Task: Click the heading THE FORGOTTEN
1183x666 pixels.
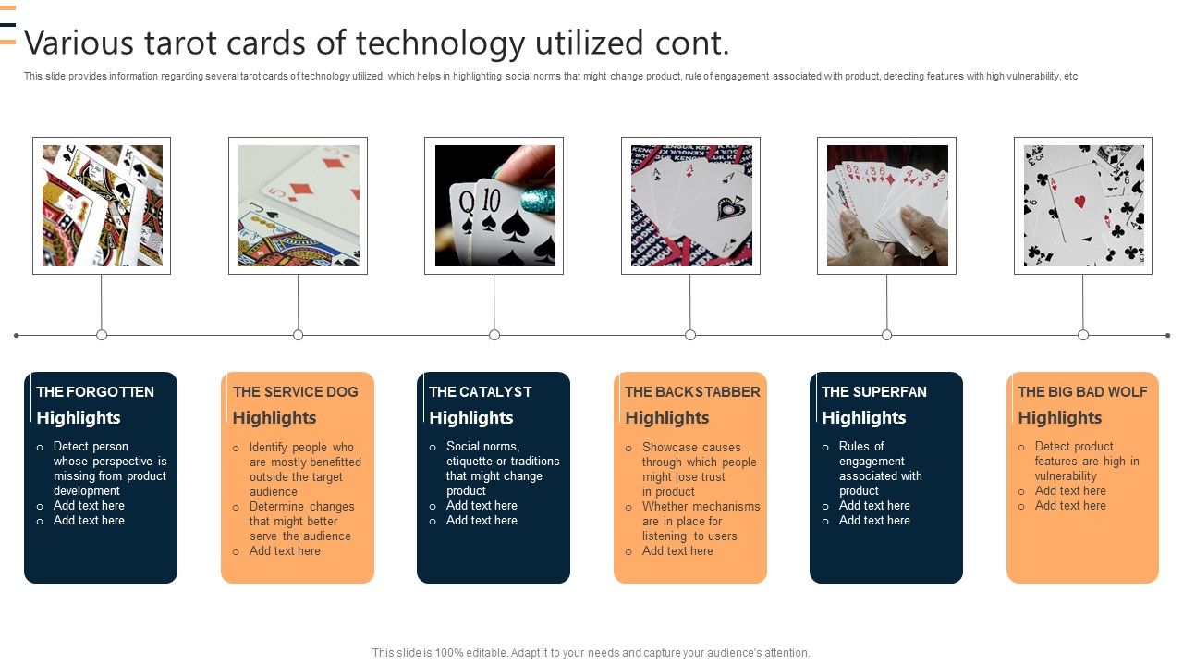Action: [x=94, y=392]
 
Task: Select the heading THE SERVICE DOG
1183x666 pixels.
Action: [x=295, y=392]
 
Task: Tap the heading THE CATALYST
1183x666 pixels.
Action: [x=480, y=392]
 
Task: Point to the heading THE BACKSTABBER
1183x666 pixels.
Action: [x=692, y=392]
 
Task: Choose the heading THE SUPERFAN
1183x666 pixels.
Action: [x=873, y=392]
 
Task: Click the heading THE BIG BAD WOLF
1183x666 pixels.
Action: [x=1082, y=392]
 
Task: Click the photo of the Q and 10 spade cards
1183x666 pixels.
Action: [x=494, y=205]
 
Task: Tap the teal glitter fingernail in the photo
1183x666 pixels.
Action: [x=538, y=198]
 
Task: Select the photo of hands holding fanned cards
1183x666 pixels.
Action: [x=886, y=205]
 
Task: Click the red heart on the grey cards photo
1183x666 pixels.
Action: [x=1079, y=201]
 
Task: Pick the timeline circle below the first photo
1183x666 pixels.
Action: [x=102, y=335]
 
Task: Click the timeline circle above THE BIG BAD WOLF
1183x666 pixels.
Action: [x=1083, y=335]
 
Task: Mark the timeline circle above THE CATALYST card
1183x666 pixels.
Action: [x=494, y=335]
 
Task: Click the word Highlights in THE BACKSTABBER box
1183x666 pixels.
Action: [x=666, y=418]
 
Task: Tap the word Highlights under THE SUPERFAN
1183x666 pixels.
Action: [x=863, y=418]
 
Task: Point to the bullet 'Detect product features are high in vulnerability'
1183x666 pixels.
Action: [x=1086, y=461]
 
